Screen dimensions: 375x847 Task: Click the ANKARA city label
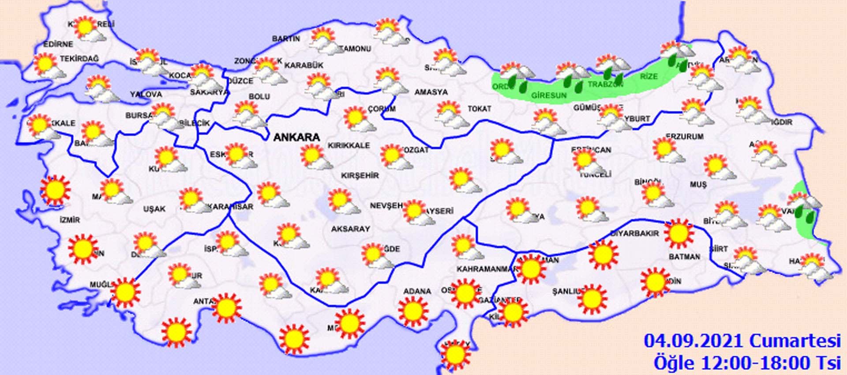(296, 137)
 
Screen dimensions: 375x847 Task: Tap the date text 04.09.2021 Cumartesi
(742, 341)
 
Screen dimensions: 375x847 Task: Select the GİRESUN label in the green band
(549, 95)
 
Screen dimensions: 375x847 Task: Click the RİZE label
(648, 76)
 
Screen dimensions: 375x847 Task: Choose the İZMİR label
(70, 220)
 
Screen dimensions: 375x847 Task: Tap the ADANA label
(417, 291)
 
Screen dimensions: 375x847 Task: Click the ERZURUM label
(685, 136)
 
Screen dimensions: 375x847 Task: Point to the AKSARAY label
(350, 229)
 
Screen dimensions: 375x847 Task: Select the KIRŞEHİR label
(360, 175)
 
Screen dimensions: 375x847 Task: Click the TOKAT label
(479, 109)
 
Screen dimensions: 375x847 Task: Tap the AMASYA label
(431, 92)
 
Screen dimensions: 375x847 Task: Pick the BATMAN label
(684, 256)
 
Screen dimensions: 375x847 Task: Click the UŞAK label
(154, 208)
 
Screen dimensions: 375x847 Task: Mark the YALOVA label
(146, 94)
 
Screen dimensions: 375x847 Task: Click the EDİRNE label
(58, 44)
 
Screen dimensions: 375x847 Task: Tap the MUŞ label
(698, 185)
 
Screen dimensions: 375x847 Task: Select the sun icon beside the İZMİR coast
(55, 190)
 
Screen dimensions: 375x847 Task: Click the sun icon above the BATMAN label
(678, 234)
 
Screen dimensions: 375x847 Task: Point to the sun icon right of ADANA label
(465, 293)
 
